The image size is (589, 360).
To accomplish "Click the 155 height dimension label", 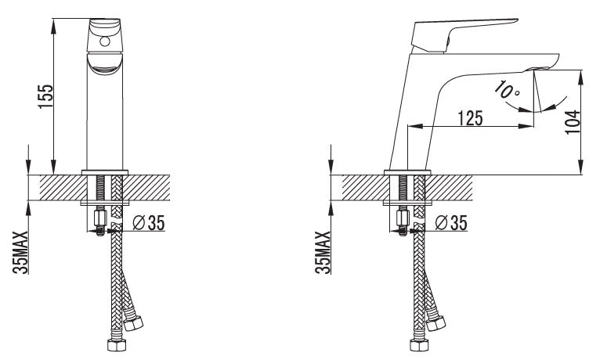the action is click(46, 96).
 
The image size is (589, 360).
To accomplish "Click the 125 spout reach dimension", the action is click(470, 118).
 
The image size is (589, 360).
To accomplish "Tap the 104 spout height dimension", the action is click(573, 121).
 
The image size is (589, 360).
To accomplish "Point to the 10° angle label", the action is click(506, 90).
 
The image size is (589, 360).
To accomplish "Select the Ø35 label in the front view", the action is click(149, 222).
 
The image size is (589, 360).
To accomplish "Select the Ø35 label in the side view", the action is click(451, 222).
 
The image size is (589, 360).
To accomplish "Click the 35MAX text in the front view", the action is click(21, 252).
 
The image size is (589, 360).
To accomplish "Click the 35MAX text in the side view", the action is click(323, 252).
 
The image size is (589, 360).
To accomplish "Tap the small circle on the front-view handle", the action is click(105, 41).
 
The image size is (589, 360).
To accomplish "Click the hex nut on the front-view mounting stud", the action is click(101, 218).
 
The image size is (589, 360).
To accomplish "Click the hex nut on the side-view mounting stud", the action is click(403, 218).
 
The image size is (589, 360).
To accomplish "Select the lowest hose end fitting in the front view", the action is click(117, 344).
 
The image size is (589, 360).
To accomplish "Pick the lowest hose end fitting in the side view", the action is click(419, 344).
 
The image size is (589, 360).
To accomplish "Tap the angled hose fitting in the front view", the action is click(133, 323).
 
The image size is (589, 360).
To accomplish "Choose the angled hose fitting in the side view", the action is click(435, 323).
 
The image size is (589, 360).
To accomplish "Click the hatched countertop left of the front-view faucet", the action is click(63, 187).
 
